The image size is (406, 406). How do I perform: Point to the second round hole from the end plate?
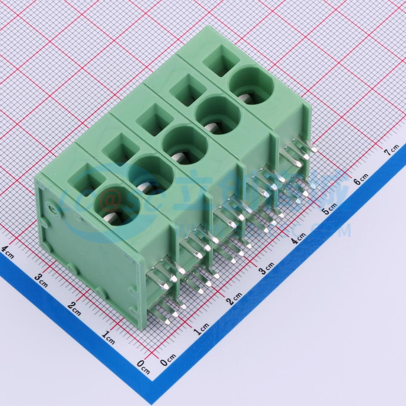(151, 176)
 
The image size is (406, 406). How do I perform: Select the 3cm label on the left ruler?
(41, 280)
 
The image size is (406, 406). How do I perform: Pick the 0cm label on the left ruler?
(143, 367)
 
